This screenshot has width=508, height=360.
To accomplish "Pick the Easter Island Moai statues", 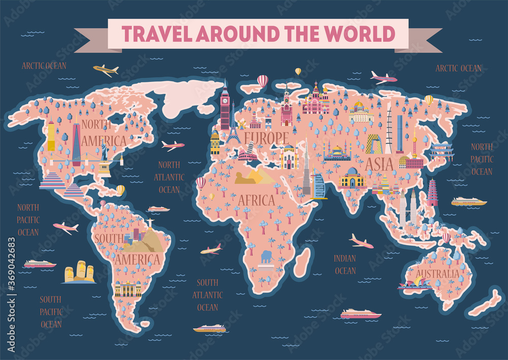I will click(79, 272).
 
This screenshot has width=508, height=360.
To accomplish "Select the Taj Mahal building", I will click(353, 178).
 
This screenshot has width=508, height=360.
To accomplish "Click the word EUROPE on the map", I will click(266, 138).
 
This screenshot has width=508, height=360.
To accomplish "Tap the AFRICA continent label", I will click(257, 200).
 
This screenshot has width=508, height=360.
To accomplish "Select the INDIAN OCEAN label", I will click(345, 264).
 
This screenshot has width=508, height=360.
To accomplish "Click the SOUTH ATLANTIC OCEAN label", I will click(207, 295).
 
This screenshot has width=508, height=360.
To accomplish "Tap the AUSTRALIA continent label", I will click(437, 274).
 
